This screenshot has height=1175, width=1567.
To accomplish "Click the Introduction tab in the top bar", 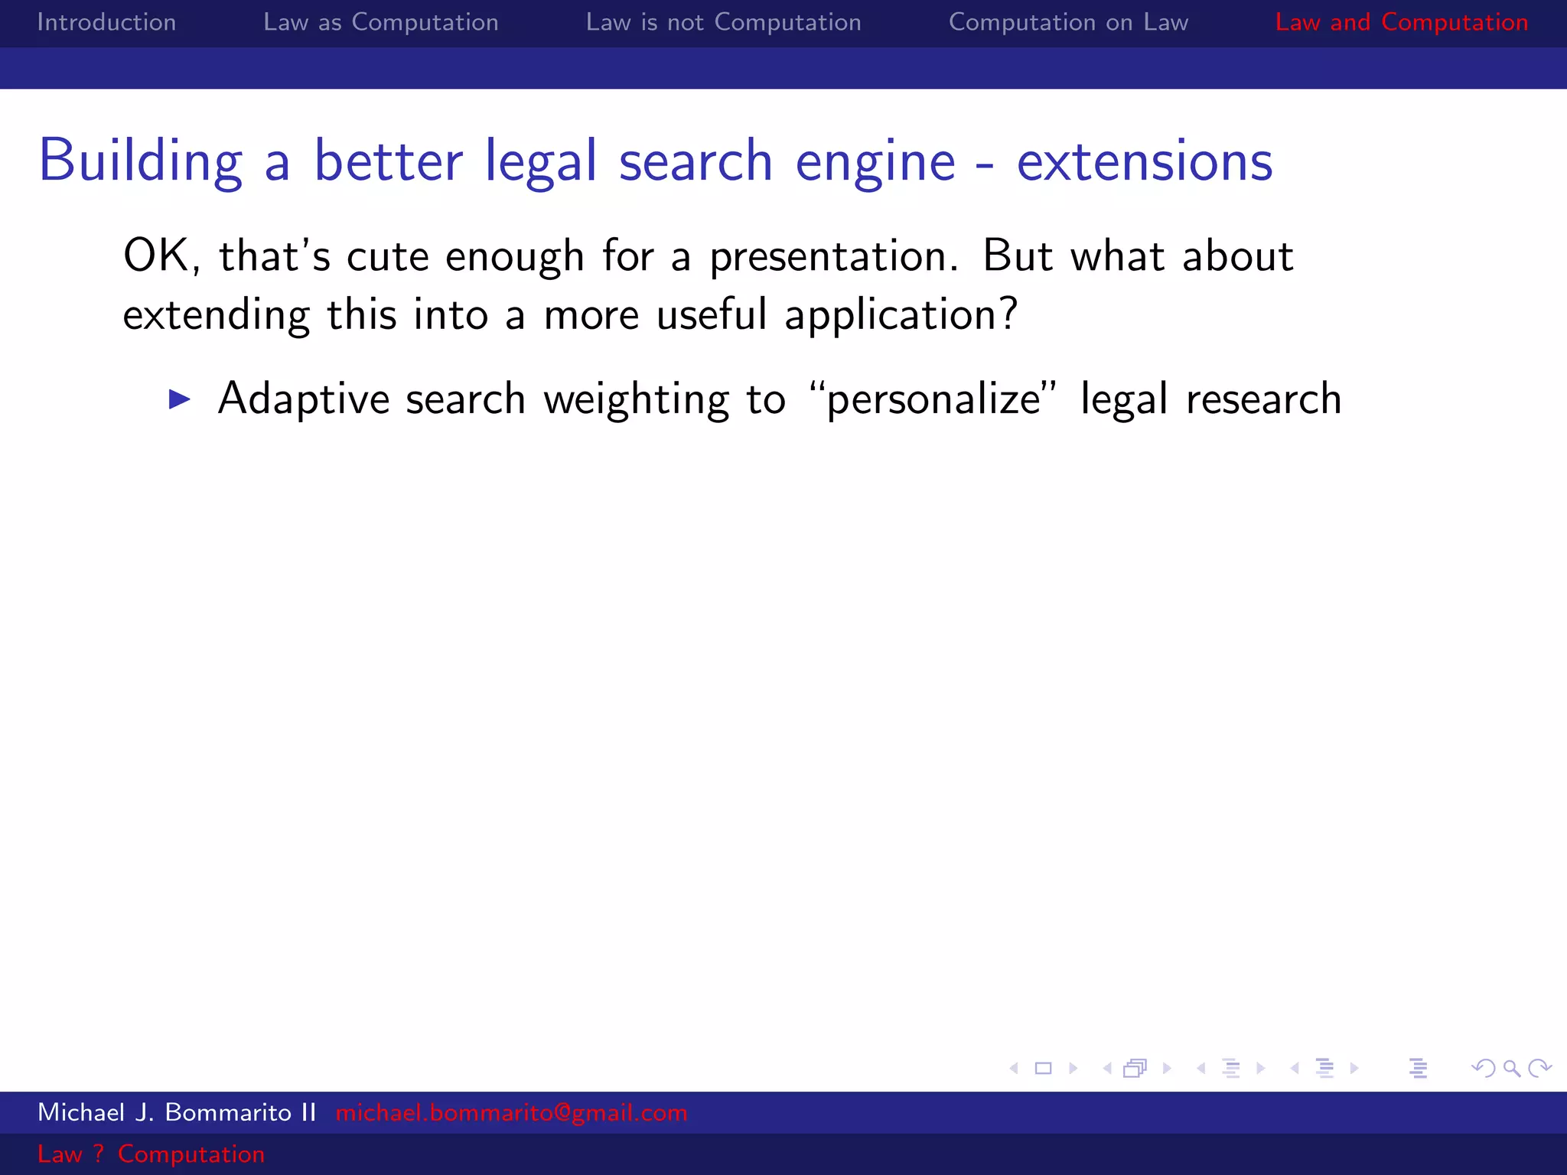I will (106, 22).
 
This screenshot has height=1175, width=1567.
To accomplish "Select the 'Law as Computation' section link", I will (380, 22).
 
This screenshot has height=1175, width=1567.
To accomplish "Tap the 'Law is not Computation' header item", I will (723, 22).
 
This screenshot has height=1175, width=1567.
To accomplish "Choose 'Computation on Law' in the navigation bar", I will (1068, 22).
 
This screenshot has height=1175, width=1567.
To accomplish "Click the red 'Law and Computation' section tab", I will (1401, 22).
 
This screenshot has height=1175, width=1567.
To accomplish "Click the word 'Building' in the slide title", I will (141, 161).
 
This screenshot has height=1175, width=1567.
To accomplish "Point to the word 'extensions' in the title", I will (1144, 161).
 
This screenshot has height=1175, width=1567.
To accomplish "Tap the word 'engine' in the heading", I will (875, 161).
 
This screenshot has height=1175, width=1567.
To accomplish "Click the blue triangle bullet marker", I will (180, 399).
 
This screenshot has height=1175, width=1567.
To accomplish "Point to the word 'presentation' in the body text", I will (832, 256).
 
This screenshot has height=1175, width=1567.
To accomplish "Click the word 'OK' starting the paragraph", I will (157, 256).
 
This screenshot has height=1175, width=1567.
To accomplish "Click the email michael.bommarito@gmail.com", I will (511, 1112).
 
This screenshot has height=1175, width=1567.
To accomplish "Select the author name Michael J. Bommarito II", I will (177, 1112).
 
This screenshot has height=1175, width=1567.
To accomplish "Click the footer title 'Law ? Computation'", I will (151, 1154).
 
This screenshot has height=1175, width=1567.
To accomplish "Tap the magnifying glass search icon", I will (1511, 1068).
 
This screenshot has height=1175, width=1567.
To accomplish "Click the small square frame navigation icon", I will (1043, 1068).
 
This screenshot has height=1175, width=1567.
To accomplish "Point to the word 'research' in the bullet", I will (1263, 399).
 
